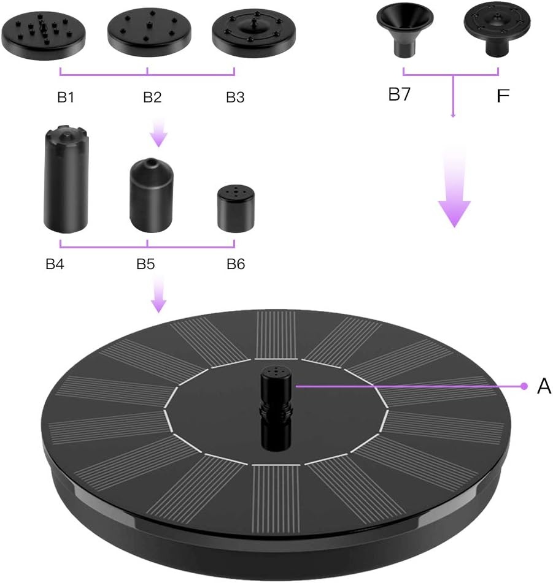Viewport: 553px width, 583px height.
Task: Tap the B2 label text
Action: [x=152, y=97]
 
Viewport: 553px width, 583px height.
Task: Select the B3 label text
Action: [x=235, y=97]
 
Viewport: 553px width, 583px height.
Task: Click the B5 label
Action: [x=145, y=264]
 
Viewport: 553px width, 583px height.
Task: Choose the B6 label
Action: [x=236, y=264]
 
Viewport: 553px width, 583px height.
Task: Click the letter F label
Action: [x=503, y=96]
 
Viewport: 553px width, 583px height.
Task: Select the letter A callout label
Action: [x=544, y=386]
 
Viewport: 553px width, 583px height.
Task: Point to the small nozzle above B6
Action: [x=236, y=209]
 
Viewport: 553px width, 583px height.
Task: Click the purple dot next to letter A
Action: [x=524, y=386]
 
